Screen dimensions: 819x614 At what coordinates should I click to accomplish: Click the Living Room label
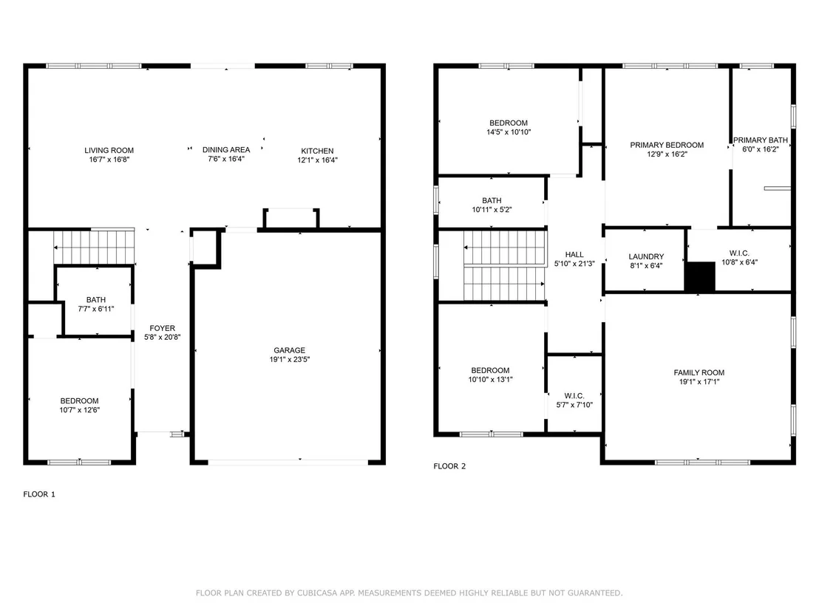[109, 151]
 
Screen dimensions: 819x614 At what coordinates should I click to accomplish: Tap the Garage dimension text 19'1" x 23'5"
[289, 359]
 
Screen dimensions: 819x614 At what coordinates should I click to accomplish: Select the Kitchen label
[317, 151]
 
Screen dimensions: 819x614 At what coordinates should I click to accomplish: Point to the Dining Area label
[226, 150]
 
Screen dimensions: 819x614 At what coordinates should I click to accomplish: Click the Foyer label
[163, 328]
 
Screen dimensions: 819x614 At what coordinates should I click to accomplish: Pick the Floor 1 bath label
[96, 300]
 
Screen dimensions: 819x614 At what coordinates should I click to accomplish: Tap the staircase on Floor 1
[94, 247]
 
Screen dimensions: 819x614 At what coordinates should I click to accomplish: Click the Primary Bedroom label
[667, 145]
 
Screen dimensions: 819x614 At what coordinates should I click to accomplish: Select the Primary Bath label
[761, 140]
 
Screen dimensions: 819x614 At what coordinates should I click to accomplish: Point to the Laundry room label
[646, 257]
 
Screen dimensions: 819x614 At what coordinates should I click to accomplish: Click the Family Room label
[699, 373]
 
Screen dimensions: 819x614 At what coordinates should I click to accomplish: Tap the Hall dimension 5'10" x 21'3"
[574, 264]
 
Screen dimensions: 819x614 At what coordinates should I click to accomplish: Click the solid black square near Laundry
[700, 277]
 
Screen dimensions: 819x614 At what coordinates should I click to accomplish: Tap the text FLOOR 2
[449, 466]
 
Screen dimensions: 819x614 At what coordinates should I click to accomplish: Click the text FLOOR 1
[39, 494]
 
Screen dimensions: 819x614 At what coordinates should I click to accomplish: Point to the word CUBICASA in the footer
[317, 593]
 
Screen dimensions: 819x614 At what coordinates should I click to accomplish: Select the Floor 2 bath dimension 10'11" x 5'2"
[492, 210]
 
